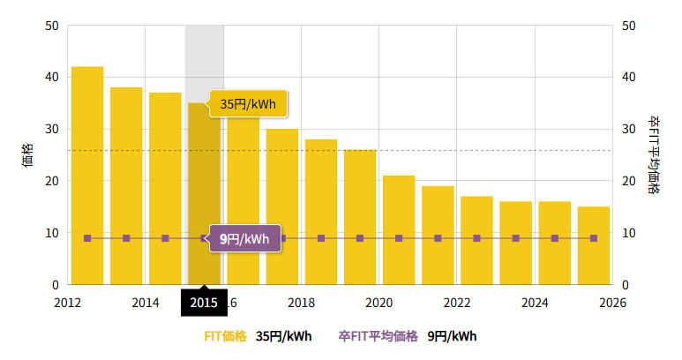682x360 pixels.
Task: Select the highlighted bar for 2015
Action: (204, 194)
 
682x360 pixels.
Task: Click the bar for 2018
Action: (321, 212)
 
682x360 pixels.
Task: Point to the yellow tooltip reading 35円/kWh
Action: (249, 104)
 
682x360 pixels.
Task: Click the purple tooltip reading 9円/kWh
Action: (245, 238)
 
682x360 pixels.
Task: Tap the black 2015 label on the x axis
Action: (204, 303)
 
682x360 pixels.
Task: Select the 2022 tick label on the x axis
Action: (457, 303)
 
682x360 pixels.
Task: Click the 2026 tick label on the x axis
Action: (611, 303)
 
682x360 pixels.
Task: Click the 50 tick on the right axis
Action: (629, 26)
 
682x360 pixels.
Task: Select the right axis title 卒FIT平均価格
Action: (654, 154)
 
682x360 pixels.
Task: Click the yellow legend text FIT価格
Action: (225, 336)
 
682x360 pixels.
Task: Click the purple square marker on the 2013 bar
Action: (126, 238)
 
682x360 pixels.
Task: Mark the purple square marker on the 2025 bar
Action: (593, 238)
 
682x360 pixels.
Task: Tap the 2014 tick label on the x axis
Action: (146, 303)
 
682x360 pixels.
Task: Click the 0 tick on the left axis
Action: (55, 285)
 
